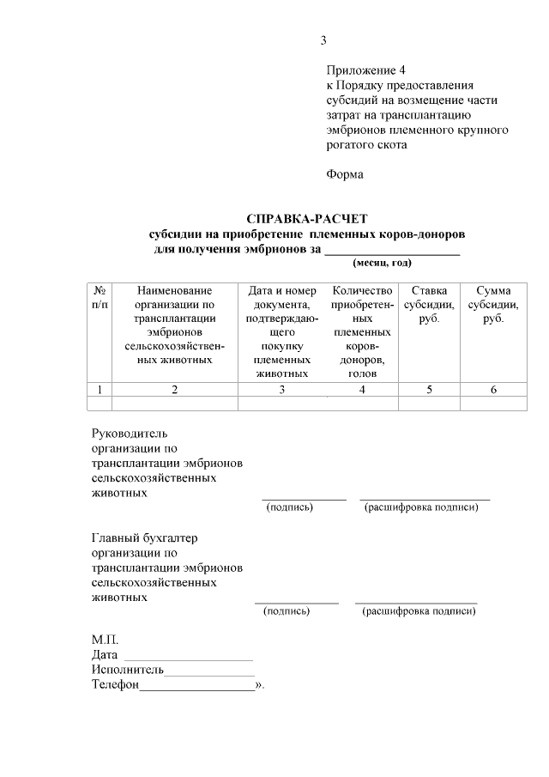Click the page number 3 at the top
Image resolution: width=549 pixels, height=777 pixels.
pyautogui.click(x=323, y=40)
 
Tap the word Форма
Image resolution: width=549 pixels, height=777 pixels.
pyautogui.click(x=345, y=174)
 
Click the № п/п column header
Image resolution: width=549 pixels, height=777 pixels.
pyautogui.click(x=100, y=298)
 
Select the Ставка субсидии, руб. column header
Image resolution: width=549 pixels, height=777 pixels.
pyautogui.click(x=429, y=305)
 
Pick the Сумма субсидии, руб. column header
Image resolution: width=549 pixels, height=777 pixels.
pyautogui.click(x=492, y=305)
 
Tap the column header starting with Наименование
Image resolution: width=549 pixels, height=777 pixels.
pyautogui.click(x=174, y=325)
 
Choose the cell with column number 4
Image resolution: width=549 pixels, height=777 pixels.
pyautogui.click(x=362, y=390)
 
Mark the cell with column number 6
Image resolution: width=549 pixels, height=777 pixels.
pyautogui.click(x=493, y=390)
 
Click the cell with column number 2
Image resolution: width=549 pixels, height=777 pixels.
pyautogui.click(x=174, y=390)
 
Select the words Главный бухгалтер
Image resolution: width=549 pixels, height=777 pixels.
pyautogui.click(x=144, y=537)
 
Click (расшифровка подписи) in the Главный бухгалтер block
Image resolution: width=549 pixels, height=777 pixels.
pyautogui.click(x=419, y=611)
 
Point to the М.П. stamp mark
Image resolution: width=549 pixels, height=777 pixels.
pyautogui.click(x=106, y=640)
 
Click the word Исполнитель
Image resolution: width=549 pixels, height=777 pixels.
pyautogui.click(x=127, y=670)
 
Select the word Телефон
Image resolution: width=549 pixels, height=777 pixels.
pyautogui.click(x=115, y=685)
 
